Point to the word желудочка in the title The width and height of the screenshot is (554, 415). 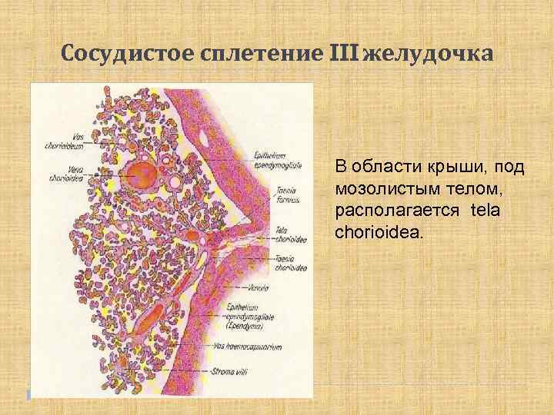422,55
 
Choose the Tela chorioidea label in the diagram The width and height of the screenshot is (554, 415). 290,235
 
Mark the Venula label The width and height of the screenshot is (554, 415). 282,289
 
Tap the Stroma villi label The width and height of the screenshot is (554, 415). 231,372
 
